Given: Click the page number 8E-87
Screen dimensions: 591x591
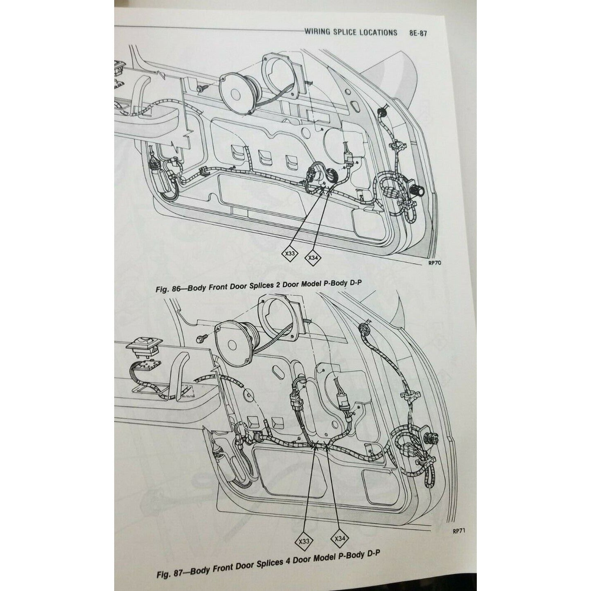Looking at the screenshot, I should [417, 33].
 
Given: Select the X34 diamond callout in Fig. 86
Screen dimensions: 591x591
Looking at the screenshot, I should [313, 257].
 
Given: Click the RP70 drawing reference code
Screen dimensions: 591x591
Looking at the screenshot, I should [435, 264].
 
